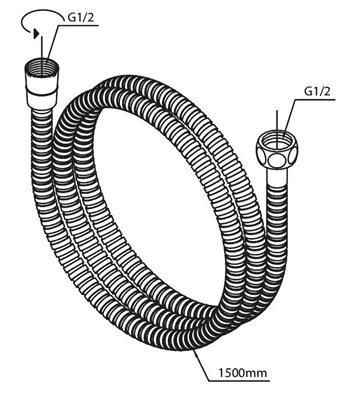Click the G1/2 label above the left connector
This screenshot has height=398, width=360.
point(81,18)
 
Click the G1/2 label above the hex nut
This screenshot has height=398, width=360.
point(317,91)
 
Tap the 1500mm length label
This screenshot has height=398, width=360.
point(243,373)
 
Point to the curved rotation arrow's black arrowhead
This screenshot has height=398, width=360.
point(36,33)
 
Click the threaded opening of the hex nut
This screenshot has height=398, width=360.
point(277,137)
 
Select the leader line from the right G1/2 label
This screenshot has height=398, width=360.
point(289,116)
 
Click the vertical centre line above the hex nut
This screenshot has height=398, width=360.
point(277,123)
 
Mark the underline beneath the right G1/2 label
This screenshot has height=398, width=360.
point(315,99)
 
